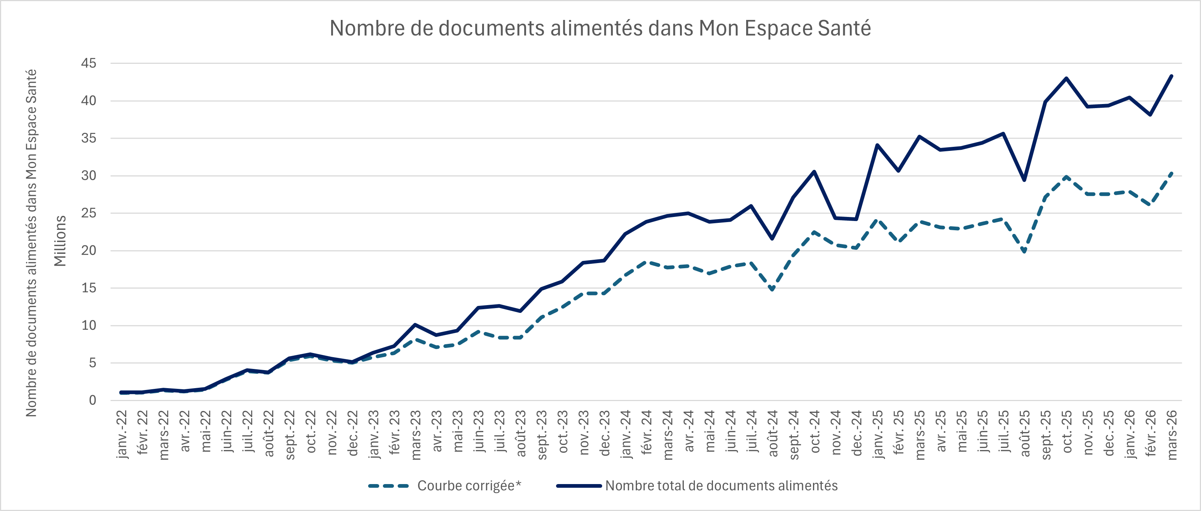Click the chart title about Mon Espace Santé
click(600, 28)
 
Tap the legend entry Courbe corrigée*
click(469, 486)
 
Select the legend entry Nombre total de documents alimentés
click(721, 486)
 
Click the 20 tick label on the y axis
click(89, 251)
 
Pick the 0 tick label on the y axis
click(92, 400)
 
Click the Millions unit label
click(61, 241)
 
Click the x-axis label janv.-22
click(122, 434)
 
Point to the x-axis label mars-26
click(1171, 435)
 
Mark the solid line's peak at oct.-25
click(1066, 78)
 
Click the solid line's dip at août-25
click(1024, 180)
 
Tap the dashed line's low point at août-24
click(772, 290)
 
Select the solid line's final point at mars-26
click(1171, 76)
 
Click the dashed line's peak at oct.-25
click(1066, 177)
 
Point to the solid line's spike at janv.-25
click(878, 145)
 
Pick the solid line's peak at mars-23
click(415, 325)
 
